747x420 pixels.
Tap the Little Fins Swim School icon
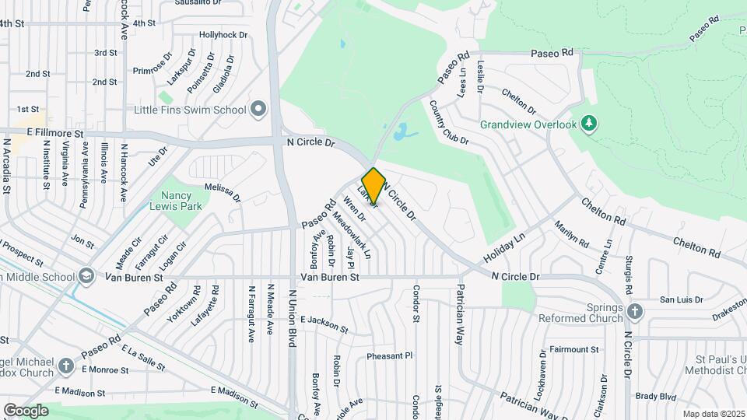coord(258,110)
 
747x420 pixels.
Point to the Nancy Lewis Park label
coord(170,201)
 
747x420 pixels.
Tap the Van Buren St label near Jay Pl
coord(330,277)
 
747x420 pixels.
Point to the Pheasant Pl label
coord(390,356)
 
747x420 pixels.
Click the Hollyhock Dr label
coord(223,35)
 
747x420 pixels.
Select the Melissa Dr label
coord(223,192)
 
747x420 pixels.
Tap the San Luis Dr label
coord(681,299)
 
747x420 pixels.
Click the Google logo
coord(26,410)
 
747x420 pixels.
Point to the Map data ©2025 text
coord(714,414)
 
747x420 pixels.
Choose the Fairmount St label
coord(572,349)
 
